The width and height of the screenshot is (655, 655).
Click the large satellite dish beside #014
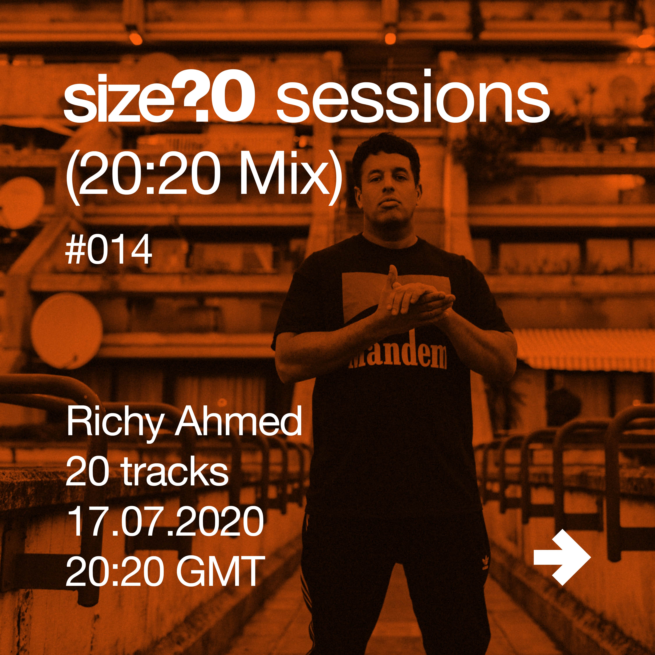tap(67, 331)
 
